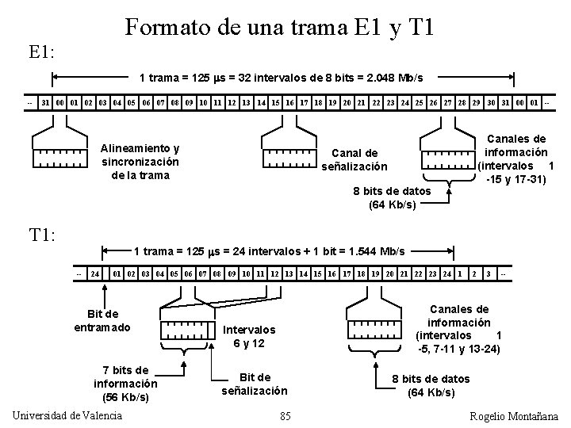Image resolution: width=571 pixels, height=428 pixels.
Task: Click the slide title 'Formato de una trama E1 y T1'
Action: (278, 29)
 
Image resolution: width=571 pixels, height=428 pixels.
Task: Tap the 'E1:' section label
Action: (41, 53)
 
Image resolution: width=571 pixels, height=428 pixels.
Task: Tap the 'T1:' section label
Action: (41, 235)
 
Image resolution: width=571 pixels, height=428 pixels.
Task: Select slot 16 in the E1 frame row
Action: (290, 102)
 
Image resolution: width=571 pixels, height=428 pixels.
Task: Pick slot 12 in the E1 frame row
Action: (232, 102)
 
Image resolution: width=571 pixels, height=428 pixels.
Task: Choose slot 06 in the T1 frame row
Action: (188, 273)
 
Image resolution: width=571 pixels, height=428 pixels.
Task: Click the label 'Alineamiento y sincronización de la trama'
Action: (140, 162)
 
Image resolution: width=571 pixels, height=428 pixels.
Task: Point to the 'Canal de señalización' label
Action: (354, 159)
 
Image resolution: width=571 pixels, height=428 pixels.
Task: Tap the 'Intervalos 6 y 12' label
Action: (249, 336)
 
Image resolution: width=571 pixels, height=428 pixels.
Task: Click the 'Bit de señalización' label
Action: (255, 384)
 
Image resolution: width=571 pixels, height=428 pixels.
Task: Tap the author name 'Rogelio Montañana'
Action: (514, 416)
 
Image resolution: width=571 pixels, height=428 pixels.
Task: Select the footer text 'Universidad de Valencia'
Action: (68, 416)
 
